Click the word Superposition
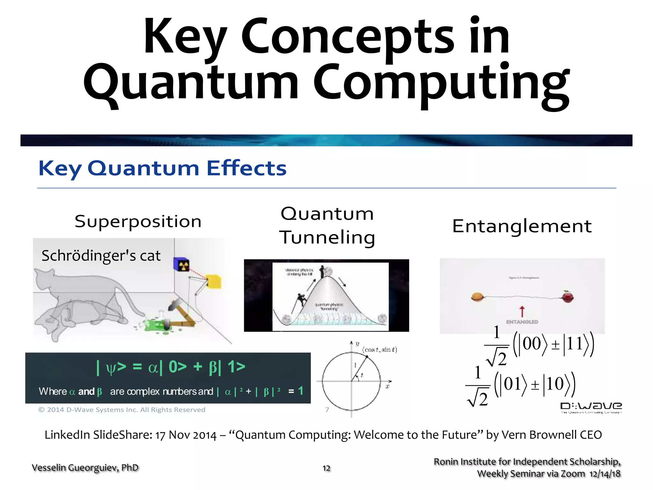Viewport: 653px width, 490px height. click(x=138, y=221)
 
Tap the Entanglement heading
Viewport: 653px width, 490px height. click(x=522, y=226)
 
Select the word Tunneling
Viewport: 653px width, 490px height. click(x=327, y=238)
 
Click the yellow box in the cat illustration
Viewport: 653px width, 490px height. click(x=213, y=281)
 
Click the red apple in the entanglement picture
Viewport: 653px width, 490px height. click(x=568, y=297)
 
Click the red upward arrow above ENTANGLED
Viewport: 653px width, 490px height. click(x=522, y=311)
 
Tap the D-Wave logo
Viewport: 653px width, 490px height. click(x=591, y=407)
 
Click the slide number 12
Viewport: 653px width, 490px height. click(x=326, y=468)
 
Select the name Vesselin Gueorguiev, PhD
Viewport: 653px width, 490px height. click(x=85, y=468)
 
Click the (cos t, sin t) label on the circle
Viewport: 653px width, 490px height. click(x=379, y=350)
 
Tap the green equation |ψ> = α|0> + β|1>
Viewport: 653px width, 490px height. click(x=171, y=367)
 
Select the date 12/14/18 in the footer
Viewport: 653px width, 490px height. click(x=605, y=474)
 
